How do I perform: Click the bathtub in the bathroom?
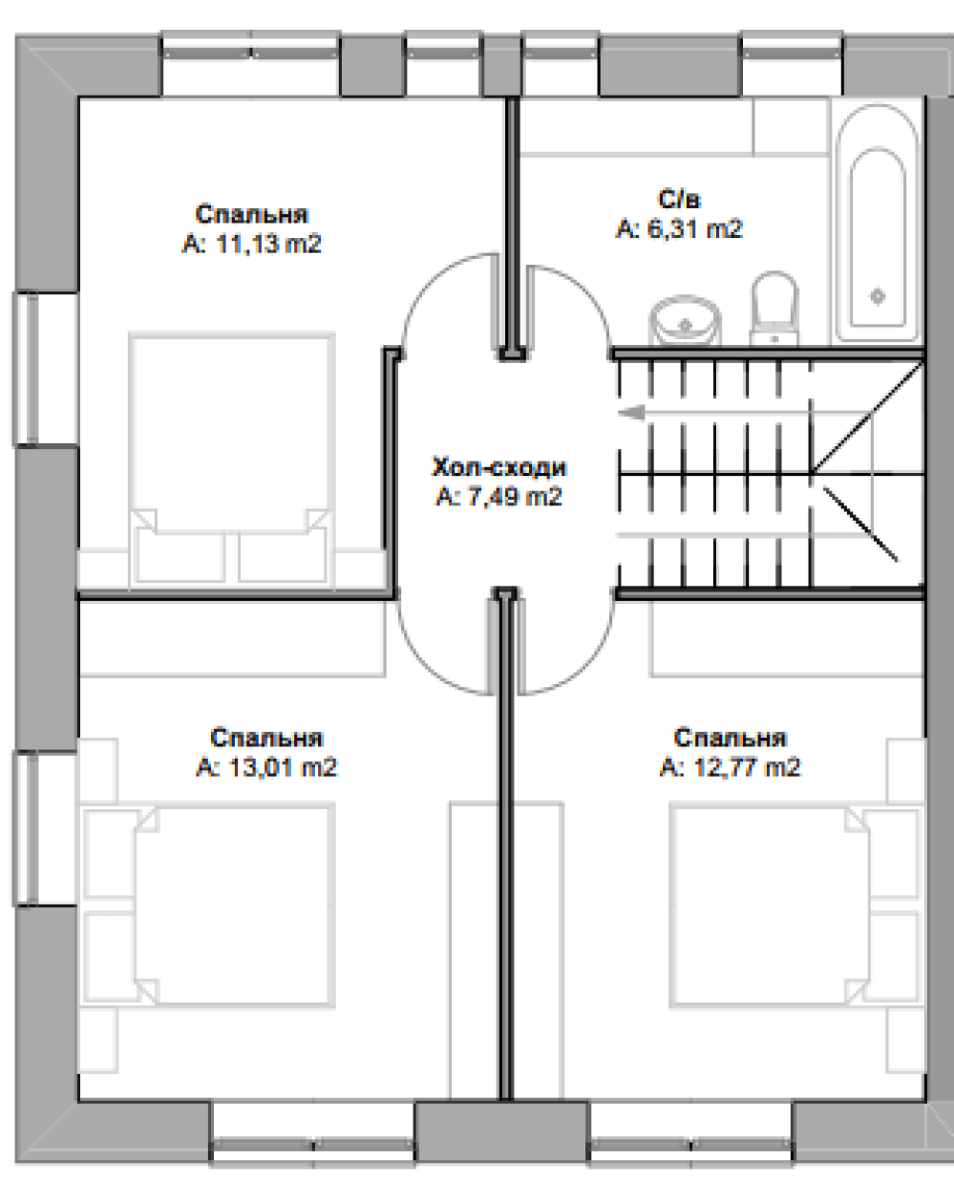[x=878, y=222]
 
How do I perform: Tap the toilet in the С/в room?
[x=774, y=309]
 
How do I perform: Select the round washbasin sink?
[x=686, y=320]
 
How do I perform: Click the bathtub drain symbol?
[x=878, y=296]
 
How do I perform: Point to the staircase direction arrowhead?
[x=631, y=413]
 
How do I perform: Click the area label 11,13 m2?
[x=268, y=244]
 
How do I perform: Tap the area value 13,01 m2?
[x=283, y=767]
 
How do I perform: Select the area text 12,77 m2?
[x=747, y=767]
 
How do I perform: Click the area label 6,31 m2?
[x=694, y=228]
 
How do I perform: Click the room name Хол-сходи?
[x=499, y=467]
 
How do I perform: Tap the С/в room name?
[x=679, y=200]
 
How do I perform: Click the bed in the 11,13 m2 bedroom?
[x=232, y=461]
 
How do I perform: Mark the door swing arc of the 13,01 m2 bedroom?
[x=426, y=664]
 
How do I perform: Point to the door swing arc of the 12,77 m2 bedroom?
[x=586, y=665]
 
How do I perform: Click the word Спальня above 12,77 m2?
[x=731, y=738]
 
